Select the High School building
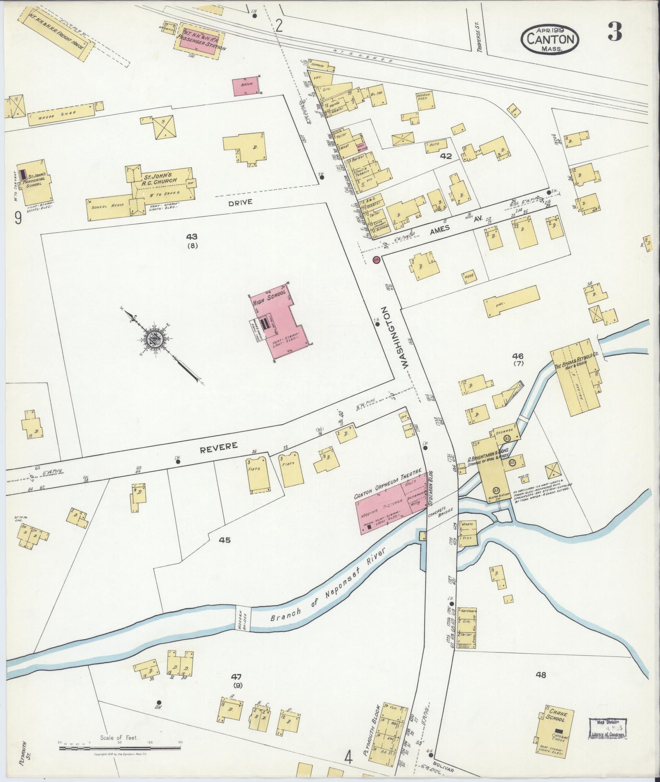tap(282, 323)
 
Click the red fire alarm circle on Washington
tap(376, 260)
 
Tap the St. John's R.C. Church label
tap(160, 179)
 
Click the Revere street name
tap(218, 446)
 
